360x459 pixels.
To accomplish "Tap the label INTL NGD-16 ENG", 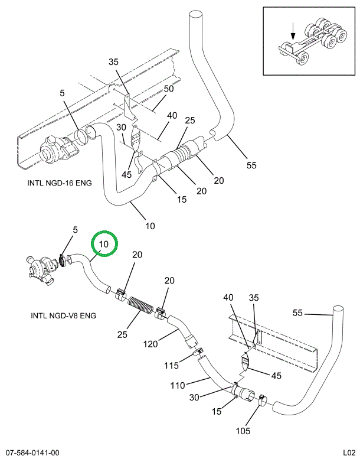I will pyautogui.click(x=60, y=183).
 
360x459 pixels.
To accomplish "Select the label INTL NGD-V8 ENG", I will pyautogui.click(x=63, y=315).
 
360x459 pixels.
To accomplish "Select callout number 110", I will pyautogui.click(x=178, y=386).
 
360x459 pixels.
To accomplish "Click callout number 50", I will pyautogui.click(x=169, y=89).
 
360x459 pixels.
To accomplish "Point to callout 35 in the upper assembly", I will pyautogui.click(x=114, y=62).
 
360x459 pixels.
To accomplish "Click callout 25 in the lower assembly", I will pyautogui.click(x=122, y=335).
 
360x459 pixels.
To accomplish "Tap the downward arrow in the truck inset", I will pyautogui.click(x=293, y=30).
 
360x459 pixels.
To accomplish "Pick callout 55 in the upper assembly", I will pyautogui.click(x=252, y=165).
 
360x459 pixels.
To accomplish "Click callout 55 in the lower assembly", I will pyautogui.click(x=297, y=313).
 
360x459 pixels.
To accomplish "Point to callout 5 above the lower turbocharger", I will pyautogui.click(x=75, y=229).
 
